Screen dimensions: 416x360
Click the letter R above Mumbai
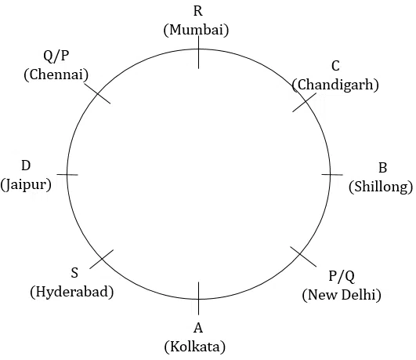[x=198, y=11]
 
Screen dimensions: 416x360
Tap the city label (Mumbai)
[x=196, y=30]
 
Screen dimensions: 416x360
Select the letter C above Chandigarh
[x=335, y=66]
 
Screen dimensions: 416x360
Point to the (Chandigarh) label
[x=335, y=85]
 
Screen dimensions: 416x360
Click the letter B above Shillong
[x=382, y=168]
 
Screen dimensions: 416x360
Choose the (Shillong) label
[x=381, y=187]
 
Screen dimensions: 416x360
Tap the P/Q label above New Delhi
[x=342, y=276]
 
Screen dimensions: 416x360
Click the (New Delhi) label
[x=342, y=295]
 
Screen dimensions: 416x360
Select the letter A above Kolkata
[x=198, y=328]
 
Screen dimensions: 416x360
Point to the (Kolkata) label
[x=195, y=347]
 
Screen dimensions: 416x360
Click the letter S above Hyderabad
[x=74, y=273]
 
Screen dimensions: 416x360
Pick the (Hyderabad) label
[x=72, y=292]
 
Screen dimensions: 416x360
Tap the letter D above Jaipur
[x=26, y=165]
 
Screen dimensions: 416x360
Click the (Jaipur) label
[x=26, y=184]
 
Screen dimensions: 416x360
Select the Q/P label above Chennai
[x=56, y=56]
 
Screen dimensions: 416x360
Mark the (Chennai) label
[x=56, y=75]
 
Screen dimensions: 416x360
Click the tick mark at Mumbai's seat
[x=199, y=53]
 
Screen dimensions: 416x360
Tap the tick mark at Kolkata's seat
[x=199, y=298]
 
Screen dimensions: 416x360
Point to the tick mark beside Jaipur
[x=67, y=175]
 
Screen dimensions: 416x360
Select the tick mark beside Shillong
[x=332, y=175]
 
